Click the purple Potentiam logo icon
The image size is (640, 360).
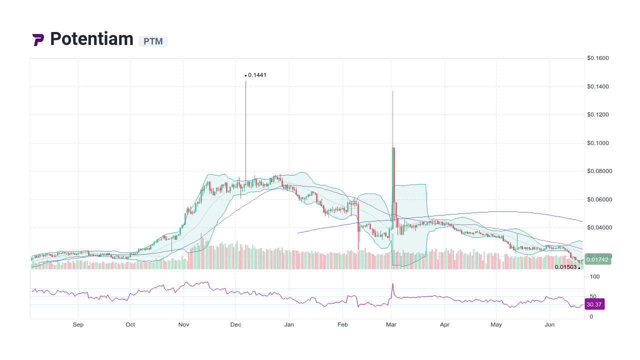pos(38,39)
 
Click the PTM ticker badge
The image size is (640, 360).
pos(153,41)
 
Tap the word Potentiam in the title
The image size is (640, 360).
pos(92,39)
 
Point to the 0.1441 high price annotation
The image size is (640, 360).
pos(257,75)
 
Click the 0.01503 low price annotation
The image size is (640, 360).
pos(565,267)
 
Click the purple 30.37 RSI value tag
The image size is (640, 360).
pos(594,304)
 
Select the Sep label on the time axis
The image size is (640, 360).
pos(78,324)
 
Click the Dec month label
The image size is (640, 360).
pos(236,324)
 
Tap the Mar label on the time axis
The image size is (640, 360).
pos(391,324)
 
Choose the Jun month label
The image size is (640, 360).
pos(549,324)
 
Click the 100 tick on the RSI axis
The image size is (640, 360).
pos(595,276)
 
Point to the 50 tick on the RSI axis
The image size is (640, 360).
pos(593,296)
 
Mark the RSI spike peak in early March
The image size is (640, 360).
pos(392,284)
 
